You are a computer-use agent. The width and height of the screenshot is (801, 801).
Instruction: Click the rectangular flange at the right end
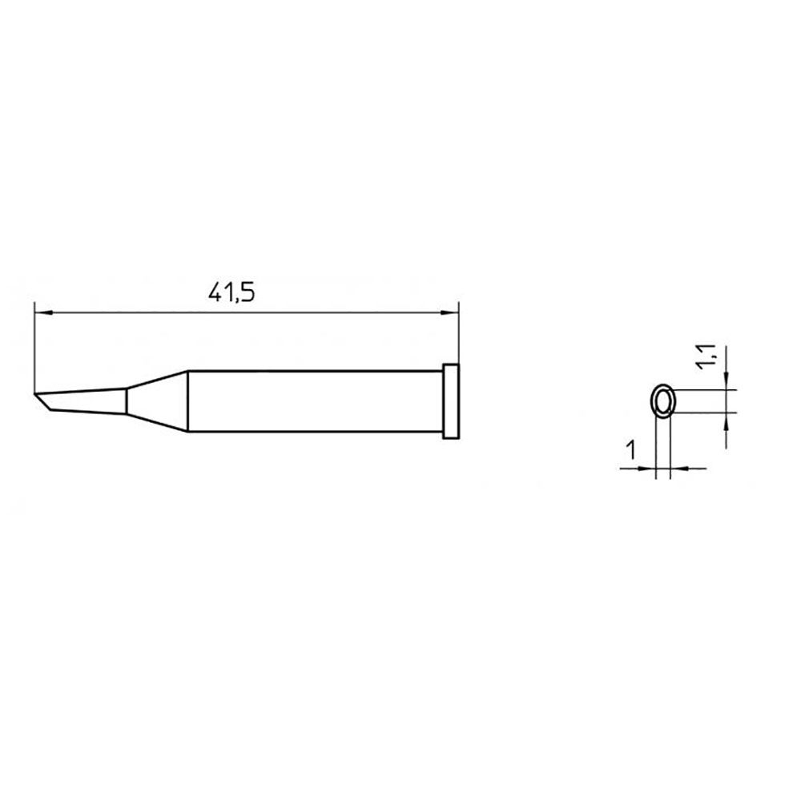451,401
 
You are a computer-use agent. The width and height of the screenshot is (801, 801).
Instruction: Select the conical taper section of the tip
156,401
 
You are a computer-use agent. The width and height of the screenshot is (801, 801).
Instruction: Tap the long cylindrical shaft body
312,401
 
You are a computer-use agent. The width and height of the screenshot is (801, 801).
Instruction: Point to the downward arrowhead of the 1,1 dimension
726,380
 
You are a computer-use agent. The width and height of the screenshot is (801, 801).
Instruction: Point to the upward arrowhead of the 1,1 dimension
726,421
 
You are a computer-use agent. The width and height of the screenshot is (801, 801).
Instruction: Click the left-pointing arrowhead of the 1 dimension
678,469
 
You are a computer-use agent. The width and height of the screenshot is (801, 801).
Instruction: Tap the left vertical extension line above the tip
34,344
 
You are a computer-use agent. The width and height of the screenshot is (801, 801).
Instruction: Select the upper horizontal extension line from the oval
701,388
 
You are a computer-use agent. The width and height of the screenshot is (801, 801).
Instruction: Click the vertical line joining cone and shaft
187,401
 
